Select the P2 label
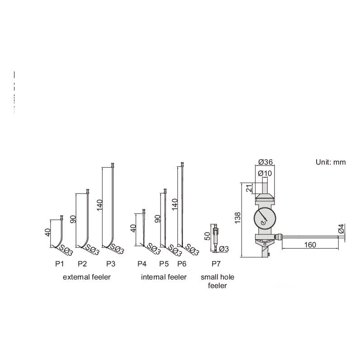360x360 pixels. click(82, 263)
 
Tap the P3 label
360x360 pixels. click(111, 263)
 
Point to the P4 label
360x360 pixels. click(142, 263)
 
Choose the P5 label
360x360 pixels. click(164, 263)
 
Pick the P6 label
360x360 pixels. click(182, 263)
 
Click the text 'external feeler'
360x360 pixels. click(86, 277)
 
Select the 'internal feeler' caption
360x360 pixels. click(164, 277)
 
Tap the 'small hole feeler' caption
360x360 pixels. click(217, 281)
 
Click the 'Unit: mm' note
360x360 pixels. click(331, 162)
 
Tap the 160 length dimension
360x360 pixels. click(310, 245)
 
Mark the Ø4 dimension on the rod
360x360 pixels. click(342, 229)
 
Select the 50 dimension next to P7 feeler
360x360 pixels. click(208, 237)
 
